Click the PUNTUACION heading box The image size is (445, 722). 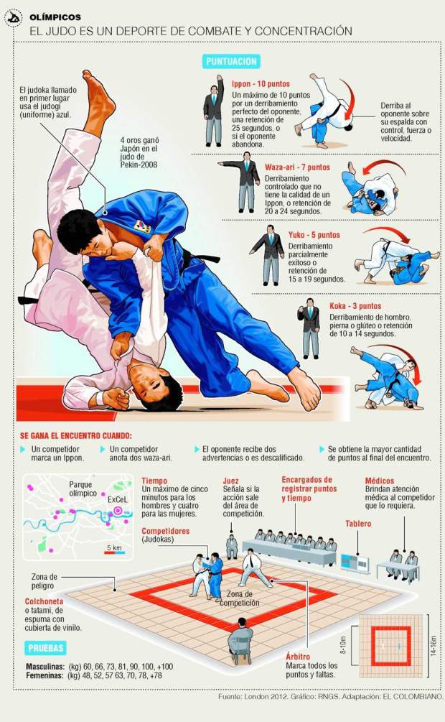[232, 62]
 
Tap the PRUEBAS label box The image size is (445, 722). [45, 648]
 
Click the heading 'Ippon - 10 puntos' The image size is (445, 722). [261, 84]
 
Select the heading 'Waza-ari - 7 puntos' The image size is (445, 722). [297, 167]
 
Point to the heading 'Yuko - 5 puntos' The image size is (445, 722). [314, 235]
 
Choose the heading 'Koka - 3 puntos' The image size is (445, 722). [355, 306]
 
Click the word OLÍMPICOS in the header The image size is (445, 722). [55, 17]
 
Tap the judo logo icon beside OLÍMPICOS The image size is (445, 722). [14, 19]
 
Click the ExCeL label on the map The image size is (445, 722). [117, 499]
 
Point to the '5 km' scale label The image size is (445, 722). [114, 547]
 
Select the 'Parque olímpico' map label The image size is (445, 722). [83, 489]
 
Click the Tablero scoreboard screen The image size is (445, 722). [355, 563]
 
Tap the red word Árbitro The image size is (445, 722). [298, 657]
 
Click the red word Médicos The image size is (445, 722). [380, 481]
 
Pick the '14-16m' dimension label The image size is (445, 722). [434, 646]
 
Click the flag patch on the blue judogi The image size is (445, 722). [142, 226]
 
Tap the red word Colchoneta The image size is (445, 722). [44, 601]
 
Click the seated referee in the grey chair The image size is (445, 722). [240, 641]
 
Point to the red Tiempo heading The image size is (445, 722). [154, 481]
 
